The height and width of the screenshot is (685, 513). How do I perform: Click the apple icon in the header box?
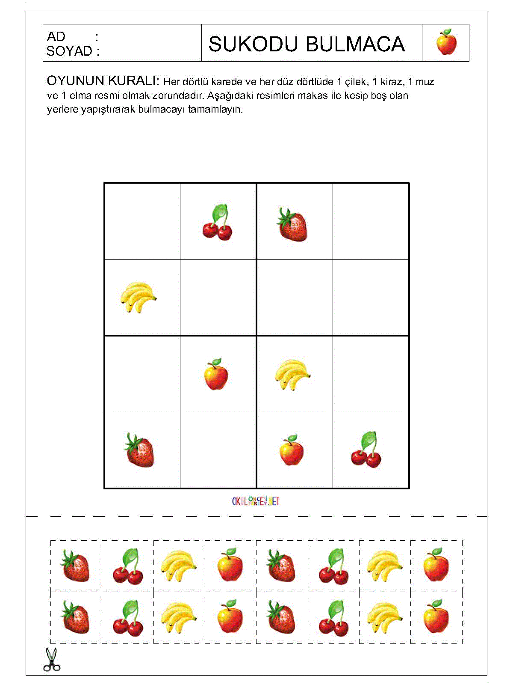click(446, 42)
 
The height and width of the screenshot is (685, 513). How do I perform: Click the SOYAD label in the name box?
click(69, 51)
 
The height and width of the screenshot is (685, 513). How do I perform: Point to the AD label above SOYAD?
click(56, 37)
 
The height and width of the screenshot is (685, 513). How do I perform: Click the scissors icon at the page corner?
click(52, 660)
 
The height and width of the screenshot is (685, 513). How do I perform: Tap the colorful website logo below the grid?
click(256, 501)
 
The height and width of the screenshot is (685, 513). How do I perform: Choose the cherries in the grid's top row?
click(218, 223)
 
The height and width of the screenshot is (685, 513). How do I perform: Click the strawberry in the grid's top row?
click(293, 224)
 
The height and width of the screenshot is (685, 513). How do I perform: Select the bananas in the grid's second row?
click(138, 297)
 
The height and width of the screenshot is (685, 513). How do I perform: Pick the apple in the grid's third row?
click(216, 375)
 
